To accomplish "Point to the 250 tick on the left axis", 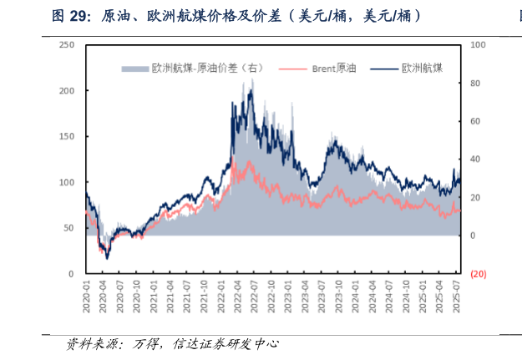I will (x=68, y=44).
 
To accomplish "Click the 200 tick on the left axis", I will (x=68, y=90).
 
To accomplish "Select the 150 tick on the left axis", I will (x=68, y=136).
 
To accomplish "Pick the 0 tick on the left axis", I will (x=71, y=274).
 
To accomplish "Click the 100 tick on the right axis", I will (x=478, y=44).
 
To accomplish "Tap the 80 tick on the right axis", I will (x=476, y=83).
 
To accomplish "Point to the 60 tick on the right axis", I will (x=476, y=121).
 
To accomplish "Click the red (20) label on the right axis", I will (x=479, y=274).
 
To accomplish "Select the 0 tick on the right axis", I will (x=474, y=236).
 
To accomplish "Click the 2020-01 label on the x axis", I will (x=86, y=297).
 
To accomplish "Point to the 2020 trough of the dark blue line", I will (x=106, y=258).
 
